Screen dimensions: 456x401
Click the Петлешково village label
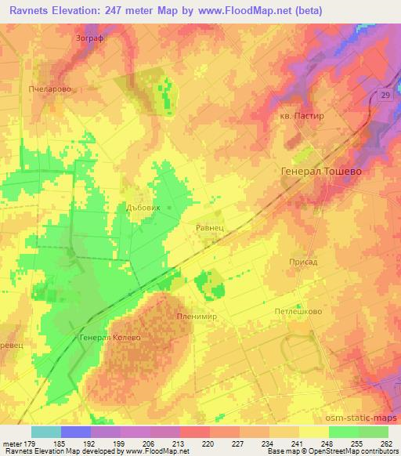tap(298, 311)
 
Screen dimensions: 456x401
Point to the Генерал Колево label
tap(110, 338)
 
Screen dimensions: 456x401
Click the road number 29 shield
tap(385, 94)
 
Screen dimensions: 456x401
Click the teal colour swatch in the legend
tap(47, 432)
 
